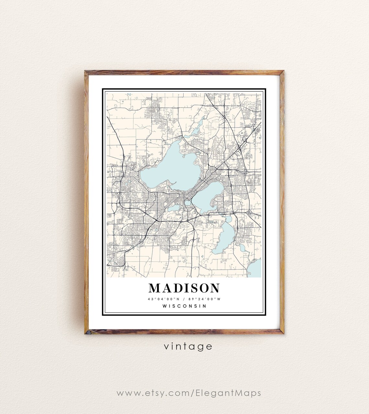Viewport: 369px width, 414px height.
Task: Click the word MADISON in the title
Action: point(184,288)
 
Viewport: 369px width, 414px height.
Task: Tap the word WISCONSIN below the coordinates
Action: point(184,306)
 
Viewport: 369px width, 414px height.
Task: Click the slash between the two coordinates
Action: point(184,299)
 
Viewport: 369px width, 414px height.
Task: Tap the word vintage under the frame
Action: point(188,346)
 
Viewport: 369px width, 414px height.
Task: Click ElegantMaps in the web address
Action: point(228,393)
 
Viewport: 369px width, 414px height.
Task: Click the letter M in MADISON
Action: point(154,288)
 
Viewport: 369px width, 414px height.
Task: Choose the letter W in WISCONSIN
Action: point(165,306)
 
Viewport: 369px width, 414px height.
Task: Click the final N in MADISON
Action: point(215,288)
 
